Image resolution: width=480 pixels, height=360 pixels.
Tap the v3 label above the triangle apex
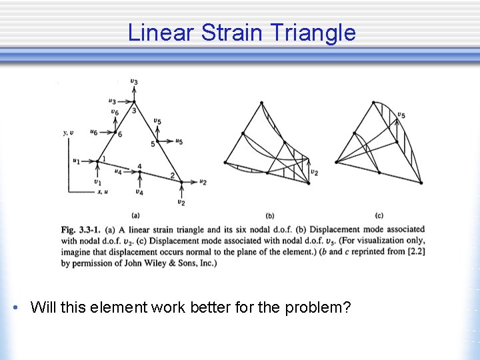(134, 81)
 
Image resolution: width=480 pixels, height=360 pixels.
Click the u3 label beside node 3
(113, 101)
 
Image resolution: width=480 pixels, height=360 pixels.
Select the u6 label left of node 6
(94, 133)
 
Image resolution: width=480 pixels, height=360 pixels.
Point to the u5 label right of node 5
(179, 141)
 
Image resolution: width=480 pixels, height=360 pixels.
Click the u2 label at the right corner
(203, 181)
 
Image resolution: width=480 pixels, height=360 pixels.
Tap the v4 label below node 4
(139, 192)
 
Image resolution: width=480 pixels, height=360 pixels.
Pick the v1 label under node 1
(97, 182)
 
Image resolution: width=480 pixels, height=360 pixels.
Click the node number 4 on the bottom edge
(139, 166)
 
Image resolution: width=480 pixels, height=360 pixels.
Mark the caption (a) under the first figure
(135, 215)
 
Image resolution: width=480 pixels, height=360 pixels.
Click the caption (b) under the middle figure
(270, 215)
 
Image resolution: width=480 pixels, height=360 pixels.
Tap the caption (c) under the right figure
(379, 215)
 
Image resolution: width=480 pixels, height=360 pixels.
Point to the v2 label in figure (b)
(313, 172)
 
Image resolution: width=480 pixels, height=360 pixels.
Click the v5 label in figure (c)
(401, 115)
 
